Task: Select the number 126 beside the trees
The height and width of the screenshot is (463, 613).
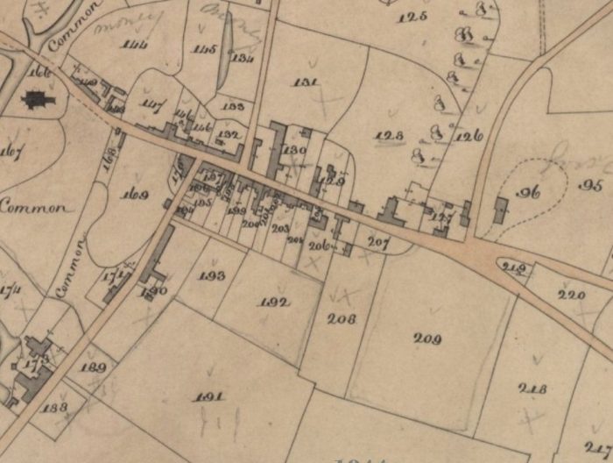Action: point(470,136)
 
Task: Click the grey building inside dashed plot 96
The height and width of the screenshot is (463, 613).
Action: point(501,210)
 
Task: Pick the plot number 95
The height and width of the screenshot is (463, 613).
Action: point(592,185)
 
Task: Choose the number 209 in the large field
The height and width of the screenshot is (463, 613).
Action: point(427,338)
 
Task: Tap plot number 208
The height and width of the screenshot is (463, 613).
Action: point(341,319)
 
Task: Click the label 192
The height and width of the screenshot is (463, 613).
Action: point(274,303)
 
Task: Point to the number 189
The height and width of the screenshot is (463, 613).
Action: point(92,367)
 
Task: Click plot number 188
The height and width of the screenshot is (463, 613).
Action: point(54,408)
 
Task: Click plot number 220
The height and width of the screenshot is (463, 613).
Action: point(571,295)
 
